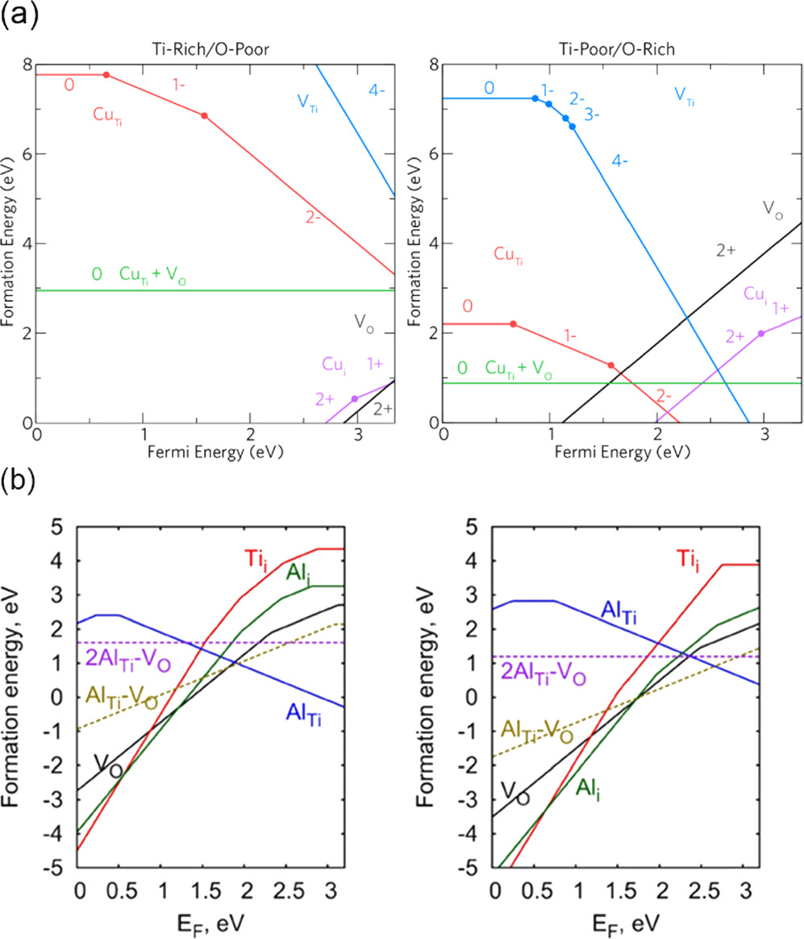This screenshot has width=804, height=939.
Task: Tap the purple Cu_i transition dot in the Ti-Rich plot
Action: coord(355,399)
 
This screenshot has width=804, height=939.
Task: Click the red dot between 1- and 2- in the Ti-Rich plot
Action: coord(204,116)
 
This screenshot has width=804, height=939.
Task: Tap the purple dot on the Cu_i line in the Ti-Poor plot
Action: coord(761,333)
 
